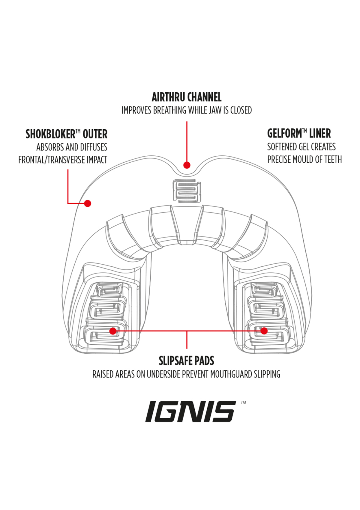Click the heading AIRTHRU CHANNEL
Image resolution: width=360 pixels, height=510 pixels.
pyautogui.click(x=186, y=97)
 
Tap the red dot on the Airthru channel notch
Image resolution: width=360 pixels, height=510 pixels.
pyautogui.click(x=187, y=165)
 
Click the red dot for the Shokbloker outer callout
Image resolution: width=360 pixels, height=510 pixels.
pyautogui.click(x=88, y=203)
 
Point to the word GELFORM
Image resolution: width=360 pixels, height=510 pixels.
pyautogui.click(x=285, y=133)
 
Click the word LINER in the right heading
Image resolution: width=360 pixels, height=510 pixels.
pyautogui.click(x=320, y=133)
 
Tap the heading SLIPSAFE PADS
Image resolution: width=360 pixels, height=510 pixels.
pyautogui.click(x=186, y=361)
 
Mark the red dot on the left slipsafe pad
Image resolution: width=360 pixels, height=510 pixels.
pyautogui.click(x=113, y=331)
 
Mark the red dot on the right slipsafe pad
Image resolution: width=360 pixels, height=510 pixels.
pyautogui.click(x=264, y=331)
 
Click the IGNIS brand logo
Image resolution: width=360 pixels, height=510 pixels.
pyautogui.click(x=190, y=412)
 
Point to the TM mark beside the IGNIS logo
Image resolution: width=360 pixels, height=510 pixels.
pyautogui.click(x=243, y=403)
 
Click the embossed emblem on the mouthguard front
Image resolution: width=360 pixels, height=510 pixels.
pyautogui.click(x=187, y=191)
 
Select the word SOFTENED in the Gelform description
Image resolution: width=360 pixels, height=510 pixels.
pyautogui.click(x=281, y=147)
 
